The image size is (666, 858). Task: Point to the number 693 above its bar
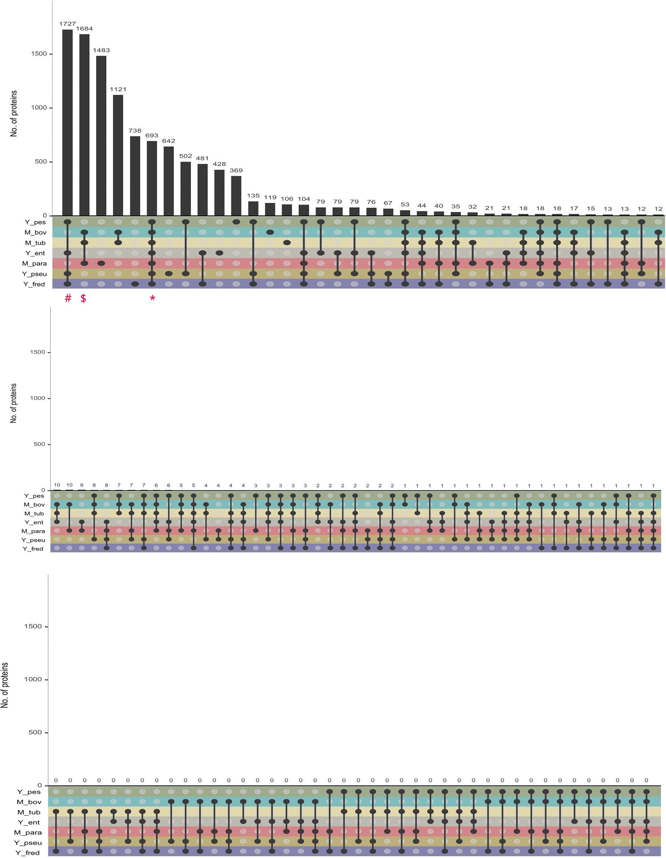(152, 135)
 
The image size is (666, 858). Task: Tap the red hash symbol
(68, 298)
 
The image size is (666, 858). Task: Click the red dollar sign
(83, 298)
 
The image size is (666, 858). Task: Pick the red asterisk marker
(152, 299)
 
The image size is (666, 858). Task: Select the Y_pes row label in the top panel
(35, 222)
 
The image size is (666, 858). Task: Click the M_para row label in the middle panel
(33, 531)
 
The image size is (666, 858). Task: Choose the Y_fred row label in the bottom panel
(28, 853)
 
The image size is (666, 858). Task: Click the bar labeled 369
(236, 196)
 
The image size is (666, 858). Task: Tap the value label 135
(253, 196)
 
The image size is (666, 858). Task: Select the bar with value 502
(186, 189)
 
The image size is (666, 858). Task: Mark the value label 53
(405, 205)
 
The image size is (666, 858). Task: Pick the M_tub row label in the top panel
(35, 243)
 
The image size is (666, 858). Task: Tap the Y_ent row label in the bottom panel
(29, 822)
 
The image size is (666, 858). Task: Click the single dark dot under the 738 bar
(135, 284)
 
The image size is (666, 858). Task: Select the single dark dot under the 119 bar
(270, 232)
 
